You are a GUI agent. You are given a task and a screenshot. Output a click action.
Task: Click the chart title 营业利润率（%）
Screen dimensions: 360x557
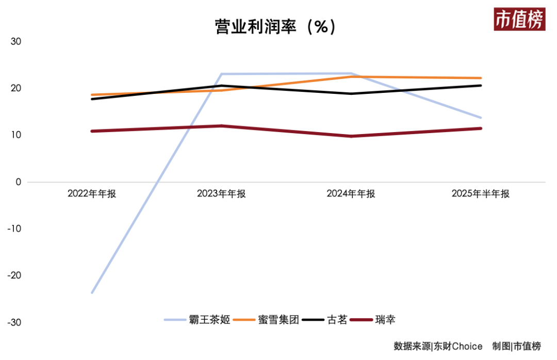[x=275, y=27]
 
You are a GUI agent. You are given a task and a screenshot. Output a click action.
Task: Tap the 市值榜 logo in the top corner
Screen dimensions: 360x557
[x=519, y=20]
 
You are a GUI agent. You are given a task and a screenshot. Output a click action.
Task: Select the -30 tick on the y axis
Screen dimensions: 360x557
[x=14, y=322]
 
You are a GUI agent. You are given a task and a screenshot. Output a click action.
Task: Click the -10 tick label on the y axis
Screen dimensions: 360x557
[x=14, y=228]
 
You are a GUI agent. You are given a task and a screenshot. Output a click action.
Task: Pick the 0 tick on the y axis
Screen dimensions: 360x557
[x=19, y=182]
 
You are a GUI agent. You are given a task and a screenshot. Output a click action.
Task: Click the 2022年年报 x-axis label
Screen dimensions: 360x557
[x=92, y=194]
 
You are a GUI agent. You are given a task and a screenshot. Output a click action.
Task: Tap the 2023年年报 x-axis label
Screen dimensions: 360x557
[x=221, y=194]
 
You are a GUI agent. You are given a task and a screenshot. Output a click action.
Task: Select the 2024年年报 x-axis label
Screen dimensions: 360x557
[x=351, y=194]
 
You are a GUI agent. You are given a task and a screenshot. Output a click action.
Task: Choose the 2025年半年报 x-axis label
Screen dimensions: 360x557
[x=480, y=194]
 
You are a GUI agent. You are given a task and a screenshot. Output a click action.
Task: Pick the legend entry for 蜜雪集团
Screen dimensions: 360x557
[x=266, y=320]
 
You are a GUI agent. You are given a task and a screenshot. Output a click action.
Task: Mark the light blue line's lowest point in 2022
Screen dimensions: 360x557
[x=92, y=293]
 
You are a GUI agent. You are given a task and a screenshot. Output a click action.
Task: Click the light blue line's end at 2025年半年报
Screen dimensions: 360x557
[x=481, y=118]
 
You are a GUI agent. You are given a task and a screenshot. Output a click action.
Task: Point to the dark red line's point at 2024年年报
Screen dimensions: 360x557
[x=351, y=136]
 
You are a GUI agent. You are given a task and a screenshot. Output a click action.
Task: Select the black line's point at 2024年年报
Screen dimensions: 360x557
[x=351, y=94]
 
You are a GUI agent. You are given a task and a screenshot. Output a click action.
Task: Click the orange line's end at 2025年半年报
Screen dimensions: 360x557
[x=481, y=78]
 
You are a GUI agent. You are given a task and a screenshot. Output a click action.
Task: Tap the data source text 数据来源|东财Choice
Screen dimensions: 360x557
[x=438, y=346]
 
